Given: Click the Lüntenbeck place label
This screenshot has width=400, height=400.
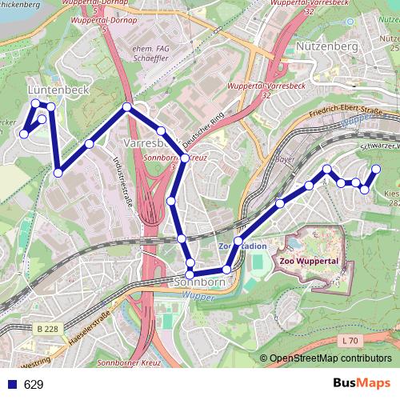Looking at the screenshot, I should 58,90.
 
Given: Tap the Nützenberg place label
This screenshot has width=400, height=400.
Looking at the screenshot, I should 326,47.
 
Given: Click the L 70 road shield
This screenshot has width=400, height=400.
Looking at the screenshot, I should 348,341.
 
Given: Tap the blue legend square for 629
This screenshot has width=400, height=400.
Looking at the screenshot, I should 11,385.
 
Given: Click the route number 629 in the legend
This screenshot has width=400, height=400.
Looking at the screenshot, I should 34,385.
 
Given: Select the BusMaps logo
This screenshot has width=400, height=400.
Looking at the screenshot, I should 362,383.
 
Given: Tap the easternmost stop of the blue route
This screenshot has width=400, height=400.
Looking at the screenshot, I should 376,169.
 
